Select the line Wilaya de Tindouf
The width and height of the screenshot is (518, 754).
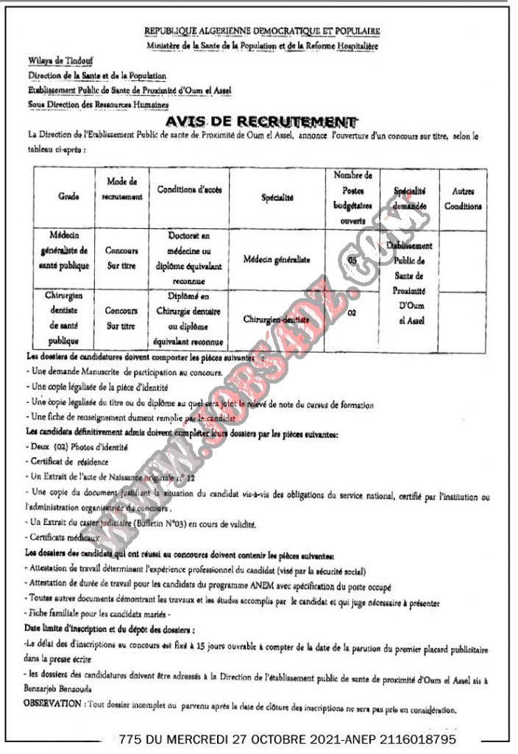tap(55, 61)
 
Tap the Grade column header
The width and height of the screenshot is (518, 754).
tap(65, 198)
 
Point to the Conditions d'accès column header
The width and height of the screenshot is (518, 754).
tap(189, 190)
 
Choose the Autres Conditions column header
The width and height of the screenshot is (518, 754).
tap(463, 199)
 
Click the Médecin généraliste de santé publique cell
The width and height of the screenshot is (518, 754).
tap(65, 250)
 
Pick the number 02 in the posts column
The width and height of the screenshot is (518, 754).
tap(352, 313)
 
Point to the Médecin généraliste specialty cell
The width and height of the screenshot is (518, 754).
tap(276, 259)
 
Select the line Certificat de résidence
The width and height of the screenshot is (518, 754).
tap(67, 462)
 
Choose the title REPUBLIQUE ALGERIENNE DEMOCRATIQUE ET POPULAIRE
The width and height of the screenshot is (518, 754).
tap(263, 32)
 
